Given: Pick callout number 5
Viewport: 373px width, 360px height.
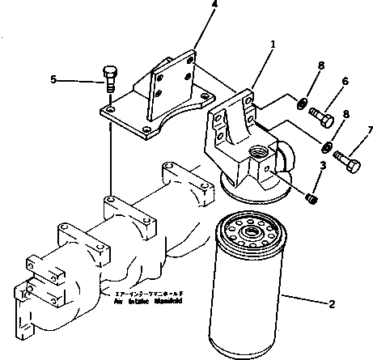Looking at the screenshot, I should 53,79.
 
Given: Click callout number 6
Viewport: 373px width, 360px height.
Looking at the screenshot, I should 344,81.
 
